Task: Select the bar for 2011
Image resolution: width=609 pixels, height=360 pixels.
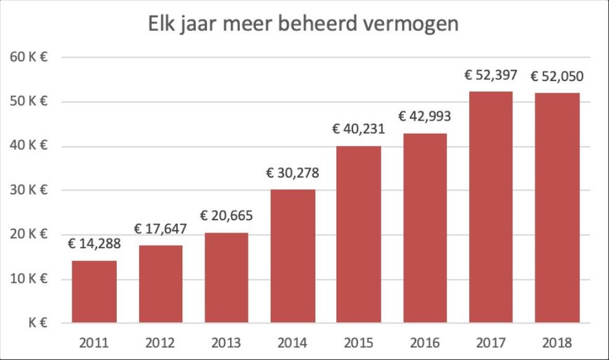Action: [94, 291]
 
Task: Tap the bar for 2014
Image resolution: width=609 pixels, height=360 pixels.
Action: [292, 255]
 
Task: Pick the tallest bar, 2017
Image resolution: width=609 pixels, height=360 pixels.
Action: [490, 207]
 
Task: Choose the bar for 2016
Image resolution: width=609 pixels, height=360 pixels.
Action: [424, 228]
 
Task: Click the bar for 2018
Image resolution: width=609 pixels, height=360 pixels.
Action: [556, 208]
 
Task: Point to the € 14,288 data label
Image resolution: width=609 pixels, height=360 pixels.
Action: [94, 243]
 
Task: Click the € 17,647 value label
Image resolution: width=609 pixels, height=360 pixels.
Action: [160, 228]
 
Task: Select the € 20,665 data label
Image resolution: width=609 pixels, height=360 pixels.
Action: [226, 216]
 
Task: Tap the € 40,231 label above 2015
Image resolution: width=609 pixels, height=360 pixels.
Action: [358, 129]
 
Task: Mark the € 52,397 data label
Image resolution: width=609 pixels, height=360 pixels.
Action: [490, 75]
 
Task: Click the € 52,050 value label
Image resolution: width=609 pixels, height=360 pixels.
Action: [556, 77]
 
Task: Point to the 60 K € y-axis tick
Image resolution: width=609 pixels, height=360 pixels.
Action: [29, 58]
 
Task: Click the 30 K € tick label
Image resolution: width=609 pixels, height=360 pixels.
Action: [29, 191]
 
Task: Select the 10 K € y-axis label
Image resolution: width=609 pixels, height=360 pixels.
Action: [29, 279]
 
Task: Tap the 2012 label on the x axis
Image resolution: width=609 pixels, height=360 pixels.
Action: [160, 343]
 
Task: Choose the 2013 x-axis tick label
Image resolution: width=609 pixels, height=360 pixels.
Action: [226, 343]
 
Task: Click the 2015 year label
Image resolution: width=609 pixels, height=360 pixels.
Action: [358, 343]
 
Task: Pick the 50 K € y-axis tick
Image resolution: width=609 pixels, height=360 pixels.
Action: [29, 102]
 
